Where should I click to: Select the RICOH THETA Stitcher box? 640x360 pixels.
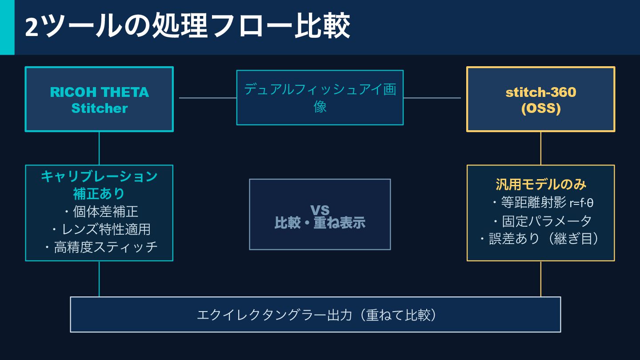(99, 100)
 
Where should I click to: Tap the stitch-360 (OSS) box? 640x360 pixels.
(540, 100)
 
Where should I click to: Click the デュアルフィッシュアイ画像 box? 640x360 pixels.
(320, 97)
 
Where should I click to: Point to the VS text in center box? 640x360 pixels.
(320, 210)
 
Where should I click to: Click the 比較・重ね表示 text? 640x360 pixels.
(320, 223)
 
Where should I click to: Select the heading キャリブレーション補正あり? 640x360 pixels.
(99, 184)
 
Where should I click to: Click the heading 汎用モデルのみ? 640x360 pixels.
(540, 184)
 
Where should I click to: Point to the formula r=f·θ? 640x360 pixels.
(581, 203)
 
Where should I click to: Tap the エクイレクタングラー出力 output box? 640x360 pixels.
(315, 315)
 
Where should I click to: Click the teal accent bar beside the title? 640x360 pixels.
(7, 27)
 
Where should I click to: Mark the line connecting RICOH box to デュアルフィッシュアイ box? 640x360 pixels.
(207, 98)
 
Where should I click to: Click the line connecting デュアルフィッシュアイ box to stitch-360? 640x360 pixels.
(432, 98)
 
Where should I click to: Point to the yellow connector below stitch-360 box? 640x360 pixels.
(540, 148)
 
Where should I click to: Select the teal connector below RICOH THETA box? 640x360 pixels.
(99, 148)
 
